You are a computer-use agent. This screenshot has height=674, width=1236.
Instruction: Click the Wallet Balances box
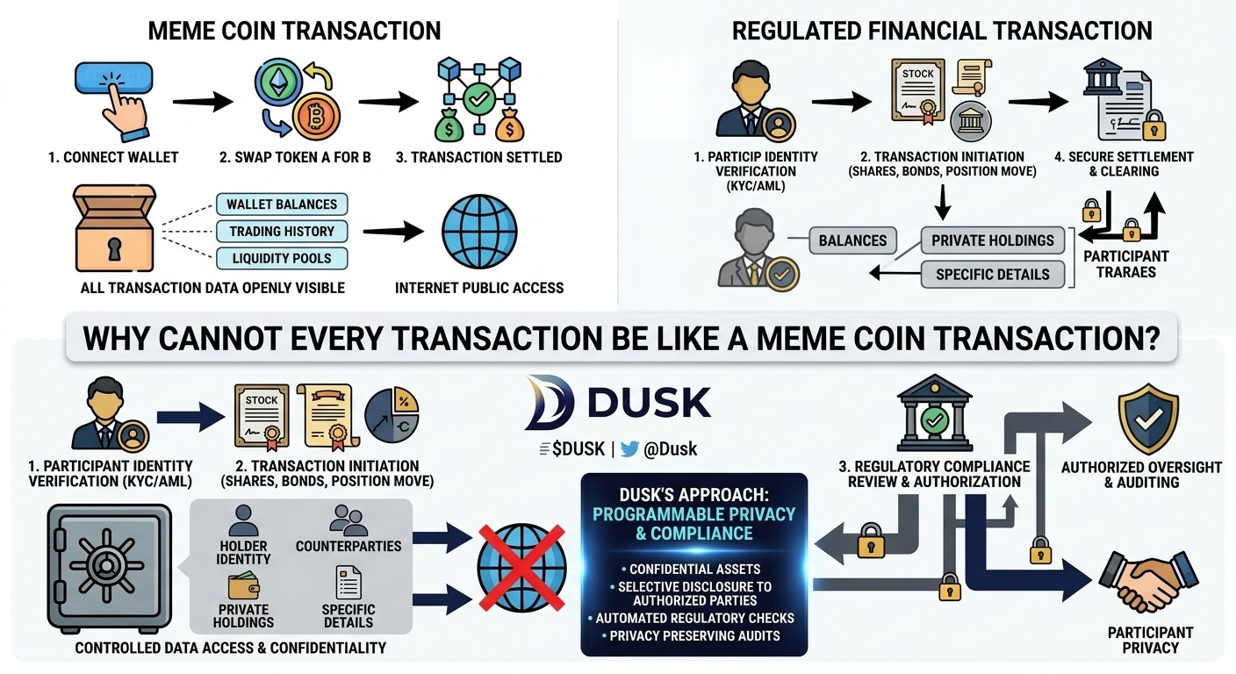click(x=282, y=204)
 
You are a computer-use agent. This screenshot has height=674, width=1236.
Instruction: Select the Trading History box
click(x=282, y=231)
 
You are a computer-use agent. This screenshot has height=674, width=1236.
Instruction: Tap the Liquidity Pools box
click(x=282, y=258)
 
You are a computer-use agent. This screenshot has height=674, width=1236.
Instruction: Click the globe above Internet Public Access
click(x=479, y=231)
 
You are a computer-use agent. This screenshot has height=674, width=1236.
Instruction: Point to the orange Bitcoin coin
click(x=316, y=117)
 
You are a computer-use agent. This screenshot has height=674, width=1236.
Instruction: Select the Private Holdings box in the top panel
click(x=993, y=240)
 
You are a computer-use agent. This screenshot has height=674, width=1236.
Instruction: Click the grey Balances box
click(x=852, y=240)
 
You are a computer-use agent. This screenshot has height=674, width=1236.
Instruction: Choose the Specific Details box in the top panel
click(x=993, y=274)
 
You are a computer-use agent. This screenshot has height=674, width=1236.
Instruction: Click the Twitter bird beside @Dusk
click(x=629, y=449)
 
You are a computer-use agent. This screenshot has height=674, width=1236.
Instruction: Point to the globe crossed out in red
click(x=521, y=568)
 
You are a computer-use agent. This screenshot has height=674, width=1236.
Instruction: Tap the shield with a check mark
click(x=1148, y=419)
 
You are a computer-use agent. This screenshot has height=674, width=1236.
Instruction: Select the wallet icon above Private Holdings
click(x=243, y=585)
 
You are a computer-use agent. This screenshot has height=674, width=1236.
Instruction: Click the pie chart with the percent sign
click(x=392, y=415)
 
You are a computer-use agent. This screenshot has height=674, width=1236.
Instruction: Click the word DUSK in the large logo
click(x=650, y=402)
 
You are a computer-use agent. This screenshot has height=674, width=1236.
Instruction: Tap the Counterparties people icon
click(x=349, y=520)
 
